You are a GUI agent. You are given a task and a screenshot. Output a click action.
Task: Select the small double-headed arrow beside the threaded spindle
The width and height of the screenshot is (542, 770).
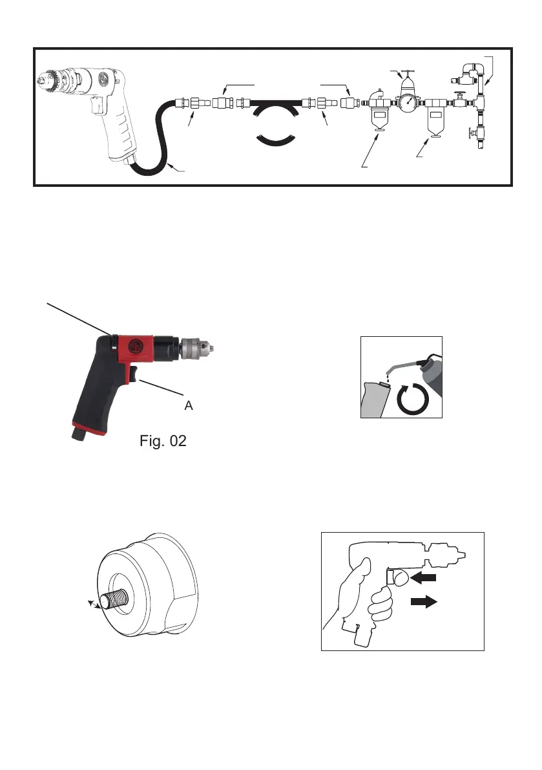coord(94,603)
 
